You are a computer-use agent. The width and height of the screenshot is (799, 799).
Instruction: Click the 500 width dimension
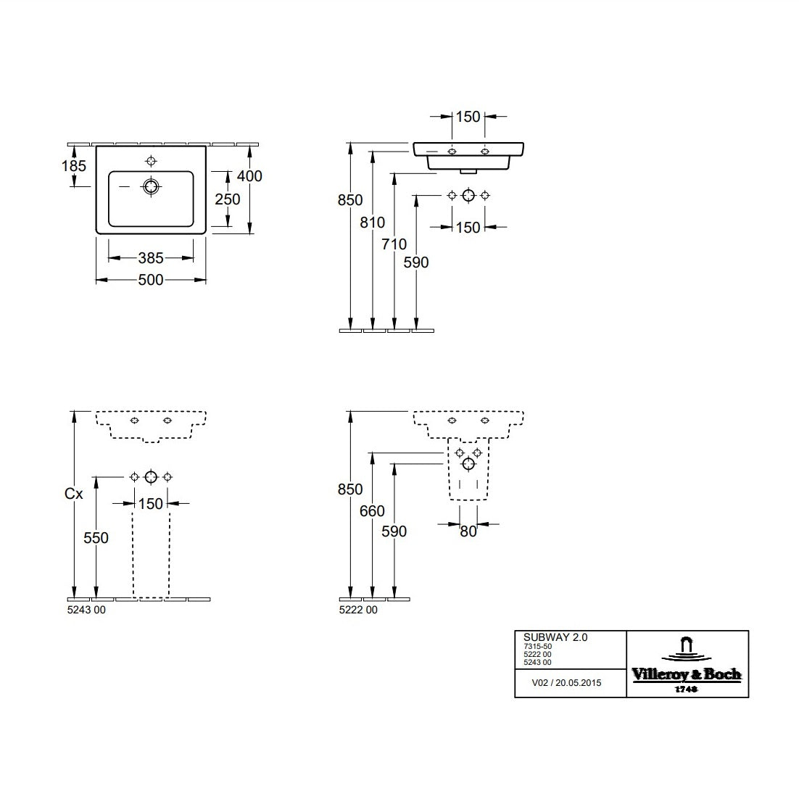pyautogui.click(x=151, y=280)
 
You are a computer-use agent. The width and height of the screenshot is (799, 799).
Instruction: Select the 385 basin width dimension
pyautogui.click(x=151, y=258)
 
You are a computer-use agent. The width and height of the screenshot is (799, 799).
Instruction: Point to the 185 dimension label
pyautogui.click(x=74, y=165)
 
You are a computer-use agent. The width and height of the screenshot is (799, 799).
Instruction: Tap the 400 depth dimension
pyautogui.click(x=249, y=175)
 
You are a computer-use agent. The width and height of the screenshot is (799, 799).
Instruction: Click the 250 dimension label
pyautogui.click(x=227, y=199)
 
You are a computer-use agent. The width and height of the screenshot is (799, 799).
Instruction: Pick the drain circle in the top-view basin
pyautogui.click(x=151, y=186)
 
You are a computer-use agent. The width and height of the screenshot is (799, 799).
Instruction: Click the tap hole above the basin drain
pyautogui.click(x=151, y=161)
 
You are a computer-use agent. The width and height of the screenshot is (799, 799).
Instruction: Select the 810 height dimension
pyautogui.click(x=373, y=222)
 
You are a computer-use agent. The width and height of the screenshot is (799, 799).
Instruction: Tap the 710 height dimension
pyautogui.click(x=394, y=244)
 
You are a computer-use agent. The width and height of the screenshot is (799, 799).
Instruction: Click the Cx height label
pyautogui.click(x=73, y=493)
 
